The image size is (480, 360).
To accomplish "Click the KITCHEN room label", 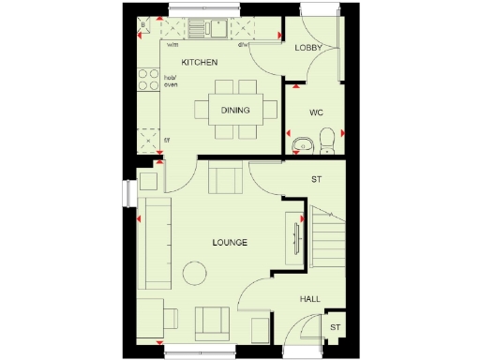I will coord(200,63).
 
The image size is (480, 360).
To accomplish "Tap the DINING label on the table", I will coord(234,111).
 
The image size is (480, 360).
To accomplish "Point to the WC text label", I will coord(317,113).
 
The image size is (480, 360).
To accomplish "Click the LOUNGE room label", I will coord(229,243).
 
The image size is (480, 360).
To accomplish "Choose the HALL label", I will coord(309,299).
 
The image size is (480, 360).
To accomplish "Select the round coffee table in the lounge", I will coord(195,274).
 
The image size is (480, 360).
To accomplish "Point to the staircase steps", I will coord(327,239).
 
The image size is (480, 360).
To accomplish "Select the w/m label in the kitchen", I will coord(172,44).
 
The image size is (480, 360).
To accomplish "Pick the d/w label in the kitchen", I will coord(243,44).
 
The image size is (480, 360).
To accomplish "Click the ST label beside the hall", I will coord(335,327).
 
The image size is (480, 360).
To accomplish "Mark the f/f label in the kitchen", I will coord(167,141).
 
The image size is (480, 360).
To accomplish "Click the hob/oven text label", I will coord(171,82).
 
